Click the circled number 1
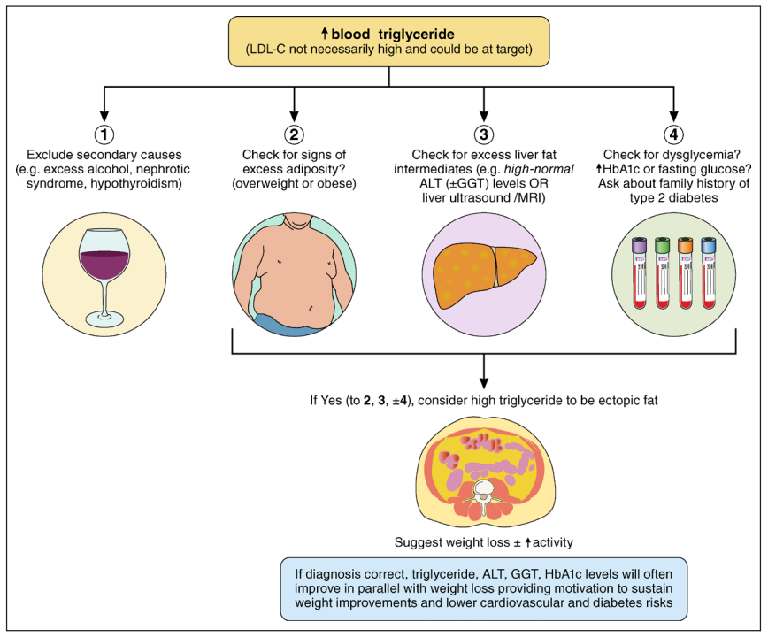[104, 135]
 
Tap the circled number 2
[294, 135]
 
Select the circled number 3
[484, 135]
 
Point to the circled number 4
[674, 135]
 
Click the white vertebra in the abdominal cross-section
[483, 491]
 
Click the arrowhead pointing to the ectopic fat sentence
[484, 381]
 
